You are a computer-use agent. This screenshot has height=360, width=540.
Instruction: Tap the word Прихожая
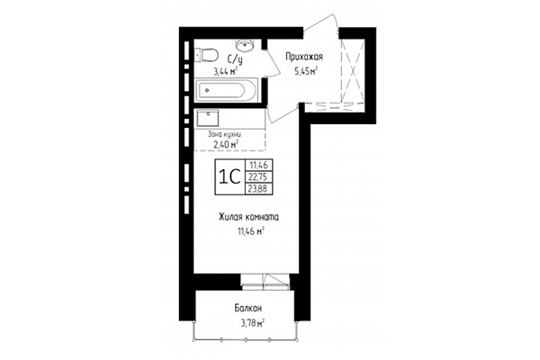(x=303, y=57)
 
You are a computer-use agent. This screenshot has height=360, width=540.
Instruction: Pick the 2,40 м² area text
(x=225, y=144)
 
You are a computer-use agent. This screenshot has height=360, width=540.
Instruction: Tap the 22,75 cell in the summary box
(x=259, y=177)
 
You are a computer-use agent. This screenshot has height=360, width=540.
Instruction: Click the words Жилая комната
(x=247, y=217)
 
